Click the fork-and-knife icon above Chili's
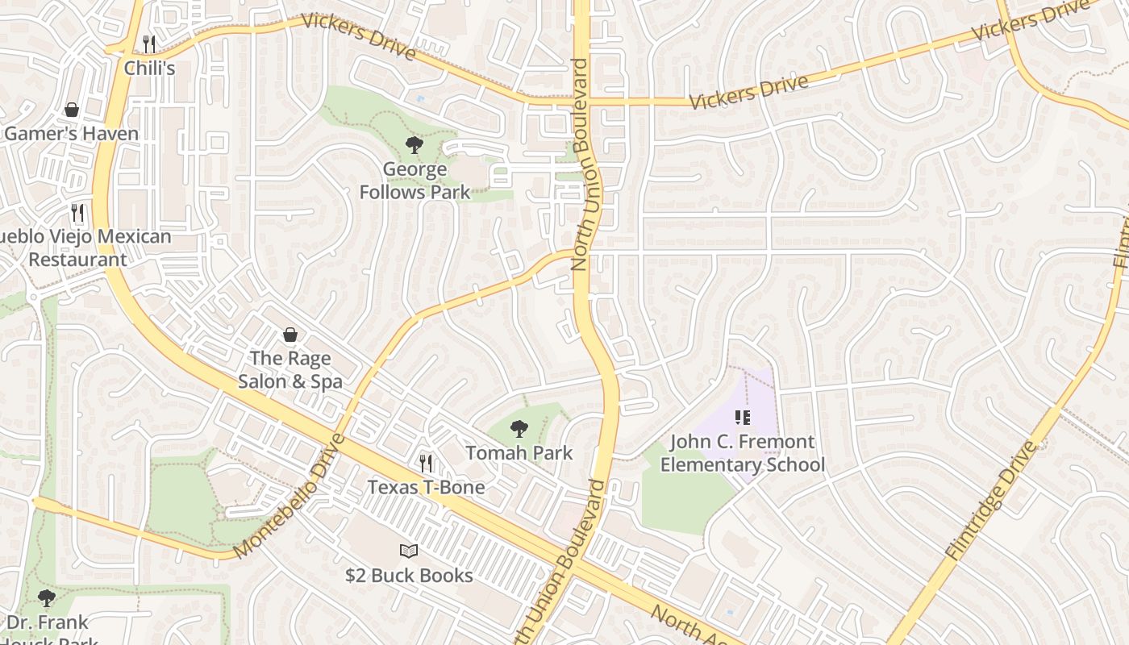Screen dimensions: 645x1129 [149, 44]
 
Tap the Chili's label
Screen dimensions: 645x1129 [149, 69]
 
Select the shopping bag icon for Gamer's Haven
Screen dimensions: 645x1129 [72, 110]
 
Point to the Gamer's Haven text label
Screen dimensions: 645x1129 [72, 133]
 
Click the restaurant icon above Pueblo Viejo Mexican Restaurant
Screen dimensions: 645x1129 [77, 213]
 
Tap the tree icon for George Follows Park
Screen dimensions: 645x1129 [415, 145]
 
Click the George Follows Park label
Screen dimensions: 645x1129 [415, 181]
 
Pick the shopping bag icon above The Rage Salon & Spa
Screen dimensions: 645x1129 [290, 334]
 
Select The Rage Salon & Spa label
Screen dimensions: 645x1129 [290, 369]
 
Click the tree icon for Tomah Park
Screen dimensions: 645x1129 [519, 429]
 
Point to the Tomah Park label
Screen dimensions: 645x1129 [519, 453]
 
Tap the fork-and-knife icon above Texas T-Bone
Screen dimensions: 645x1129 [426, 463]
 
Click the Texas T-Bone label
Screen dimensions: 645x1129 [426, 487]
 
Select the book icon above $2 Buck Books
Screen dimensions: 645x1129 [409, 551]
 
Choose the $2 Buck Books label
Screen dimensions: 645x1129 [409, 576]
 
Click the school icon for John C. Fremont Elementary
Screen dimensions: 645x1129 [743, 418]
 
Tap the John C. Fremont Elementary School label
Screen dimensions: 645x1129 [743, 453]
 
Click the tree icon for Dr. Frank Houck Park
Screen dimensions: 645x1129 [47, 598]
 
